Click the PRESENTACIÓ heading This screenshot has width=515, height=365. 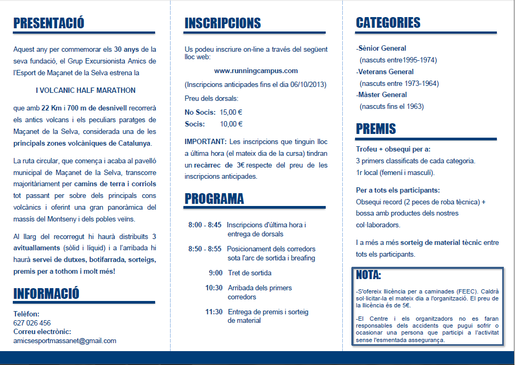[49, 23]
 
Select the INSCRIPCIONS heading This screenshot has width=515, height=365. [222, 23]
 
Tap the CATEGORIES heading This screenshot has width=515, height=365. [388, 22]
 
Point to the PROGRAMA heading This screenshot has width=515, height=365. [214, 199]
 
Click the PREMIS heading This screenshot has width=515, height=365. [376, 129]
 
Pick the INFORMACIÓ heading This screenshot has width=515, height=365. [46, 293]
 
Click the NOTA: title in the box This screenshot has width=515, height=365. [368, 275]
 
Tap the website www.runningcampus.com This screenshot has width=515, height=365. [256, 70]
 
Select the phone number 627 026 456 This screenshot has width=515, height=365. [32, 323]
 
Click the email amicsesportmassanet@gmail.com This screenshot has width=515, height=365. [65, 340]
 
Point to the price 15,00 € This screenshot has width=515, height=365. [231, 112]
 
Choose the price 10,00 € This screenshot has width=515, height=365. [231, 124]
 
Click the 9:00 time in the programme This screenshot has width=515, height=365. [216, 273]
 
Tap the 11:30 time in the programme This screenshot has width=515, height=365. [214, 312]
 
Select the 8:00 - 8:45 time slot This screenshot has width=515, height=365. [205, 225]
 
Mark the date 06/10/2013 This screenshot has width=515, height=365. [307, 84]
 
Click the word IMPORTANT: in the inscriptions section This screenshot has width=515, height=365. [205, 141]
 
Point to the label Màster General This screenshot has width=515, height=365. [382, 95]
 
